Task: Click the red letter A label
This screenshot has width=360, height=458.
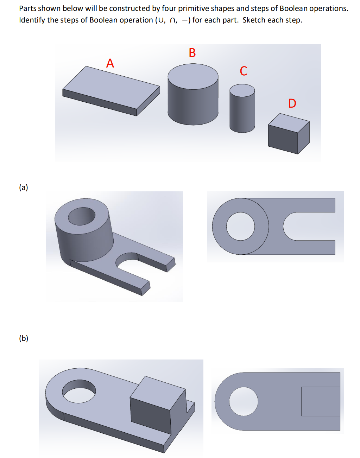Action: [x=110, y=63]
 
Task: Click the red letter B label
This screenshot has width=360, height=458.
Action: [x=192, y=53]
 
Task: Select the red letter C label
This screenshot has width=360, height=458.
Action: [x=244, y=71]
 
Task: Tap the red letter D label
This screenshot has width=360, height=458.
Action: [x=292, y=103]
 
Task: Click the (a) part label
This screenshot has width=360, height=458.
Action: [x=24, y=187]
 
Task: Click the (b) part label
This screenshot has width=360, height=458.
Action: [x=24, y=338]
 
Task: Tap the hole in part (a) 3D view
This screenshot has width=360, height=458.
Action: [x=82, y=216]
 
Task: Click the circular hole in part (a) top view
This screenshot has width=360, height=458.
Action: [x=240, y=226]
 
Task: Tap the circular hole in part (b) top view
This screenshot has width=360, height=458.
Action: [x=244, y=401]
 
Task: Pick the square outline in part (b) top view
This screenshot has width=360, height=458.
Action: [x=320, y=401]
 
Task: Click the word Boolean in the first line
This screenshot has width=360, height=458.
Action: [x=293, y=8]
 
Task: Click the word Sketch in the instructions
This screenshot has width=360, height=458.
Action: [x=254, y=20]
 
